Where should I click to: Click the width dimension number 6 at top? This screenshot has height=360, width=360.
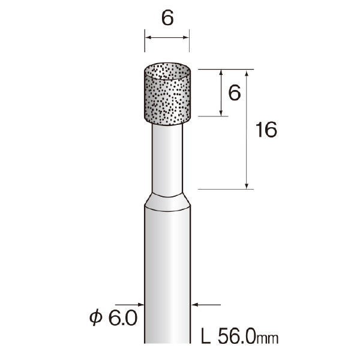(167, 18)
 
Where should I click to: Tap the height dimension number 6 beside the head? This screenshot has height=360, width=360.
(235, 92)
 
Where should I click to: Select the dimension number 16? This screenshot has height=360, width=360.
(266, 130)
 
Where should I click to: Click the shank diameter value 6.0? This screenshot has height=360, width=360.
(123, 318)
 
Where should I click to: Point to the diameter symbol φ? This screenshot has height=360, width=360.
(95, 318)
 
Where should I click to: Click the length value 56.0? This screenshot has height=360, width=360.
(237, 337)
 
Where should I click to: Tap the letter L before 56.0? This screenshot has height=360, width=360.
(205, 337)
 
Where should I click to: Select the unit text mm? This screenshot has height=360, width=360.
(267, 338)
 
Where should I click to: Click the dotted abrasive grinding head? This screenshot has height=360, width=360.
(167, 94)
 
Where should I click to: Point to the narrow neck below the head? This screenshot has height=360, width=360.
(167, 160)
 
